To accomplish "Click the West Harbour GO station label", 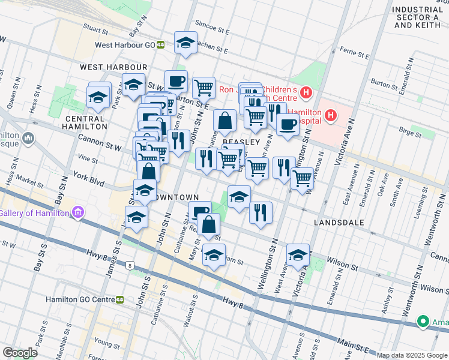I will tap(124, 44).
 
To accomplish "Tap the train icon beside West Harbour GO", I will tap(160, 44).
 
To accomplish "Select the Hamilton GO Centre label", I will tap(80, 299).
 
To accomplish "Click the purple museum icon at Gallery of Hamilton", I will tap(77, 212).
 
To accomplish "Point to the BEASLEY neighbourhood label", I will tap(242, 142).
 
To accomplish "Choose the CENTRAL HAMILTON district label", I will tap(85, 122).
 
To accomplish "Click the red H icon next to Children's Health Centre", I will tap(306, 93).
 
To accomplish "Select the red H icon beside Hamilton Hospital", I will tap(330, 115).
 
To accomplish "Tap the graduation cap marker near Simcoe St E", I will tap(186, 43).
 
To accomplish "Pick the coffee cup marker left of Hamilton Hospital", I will tap(288, 124).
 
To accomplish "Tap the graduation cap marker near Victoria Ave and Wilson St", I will tap(298, 255).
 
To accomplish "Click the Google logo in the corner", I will tap(20, 353).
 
